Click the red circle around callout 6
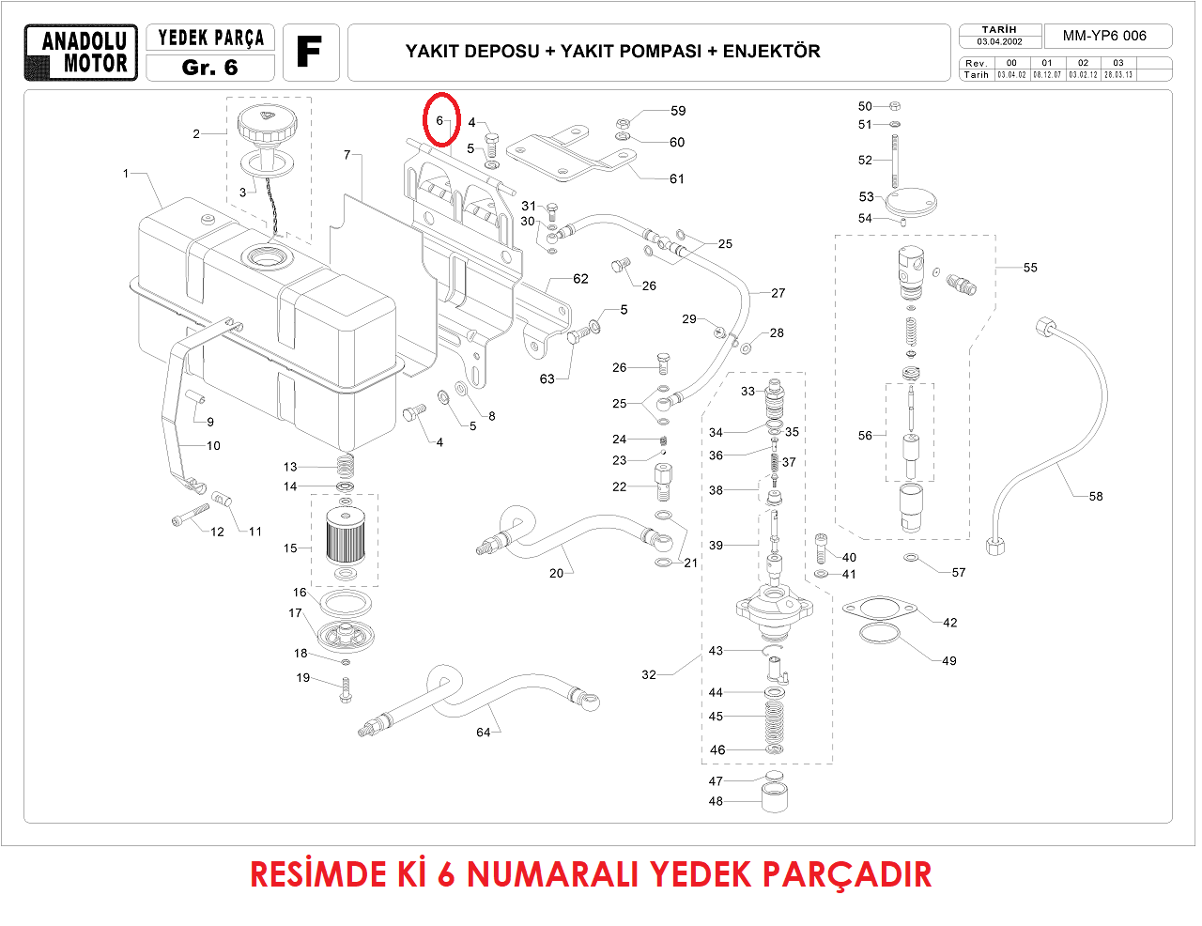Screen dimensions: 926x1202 tap(439, 120)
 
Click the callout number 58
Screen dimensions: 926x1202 tap(1096, 496)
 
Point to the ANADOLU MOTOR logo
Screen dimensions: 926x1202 tap(82, 53)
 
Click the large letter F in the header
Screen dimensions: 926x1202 tap(309, 52)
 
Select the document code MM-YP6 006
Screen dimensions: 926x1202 tap(1104, 36)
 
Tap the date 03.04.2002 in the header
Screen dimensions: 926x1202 tap(999, 41)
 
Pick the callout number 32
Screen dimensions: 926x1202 tap(649, 674)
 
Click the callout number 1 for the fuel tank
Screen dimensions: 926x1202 tap(126, 173)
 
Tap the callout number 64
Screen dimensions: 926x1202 tap(483, 733)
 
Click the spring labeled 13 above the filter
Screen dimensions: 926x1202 tap(346, 464)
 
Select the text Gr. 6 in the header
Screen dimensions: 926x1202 tap(210, 68)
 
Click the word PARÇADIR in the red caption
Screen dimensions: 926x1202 tap(846, 874)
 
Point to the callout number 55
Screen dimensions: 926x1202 tap(1030, 268)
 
